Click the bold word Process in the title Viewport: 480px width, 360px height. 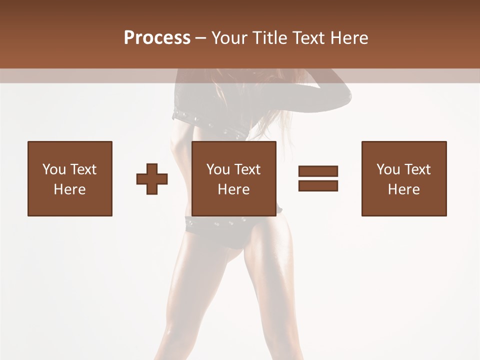click(x=157, y=38)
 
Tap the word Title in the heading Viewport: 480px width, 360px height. click(x=270, y=38)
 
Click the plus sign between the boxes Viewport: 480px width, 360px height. click(x=152, y=179)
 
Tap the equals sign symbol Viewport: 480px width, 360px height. click(x=318, y=178)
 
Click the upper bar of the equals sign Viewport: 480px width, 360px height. click(x=318, y=171)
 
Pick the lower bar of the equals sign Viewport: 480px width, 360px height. click(x=318, y=185)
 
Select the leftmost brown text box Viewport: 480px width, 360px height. click(x=70, y=178)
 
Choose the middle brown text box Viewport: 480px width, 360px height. click(x=234, y=178)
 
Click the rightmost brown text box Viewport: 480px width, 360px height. click(x=404, y=178)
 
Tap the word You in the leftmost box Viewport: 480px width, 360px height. click(x=54, y=169)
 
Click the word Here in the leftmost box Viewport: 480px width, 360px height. click(x=70, y=189)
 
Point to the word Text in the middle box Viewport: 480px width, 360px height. click(x=247, y=169)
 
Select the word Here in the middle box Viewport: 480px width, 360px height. click(x=234, y=189)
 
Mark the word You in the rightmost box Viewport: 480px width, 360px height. click(x=388, y=169)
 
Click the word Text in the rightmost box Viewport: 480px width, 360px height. click(x=417, y=169)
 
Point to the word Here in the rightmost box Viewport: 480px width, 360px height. click(x=404, y=189)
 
